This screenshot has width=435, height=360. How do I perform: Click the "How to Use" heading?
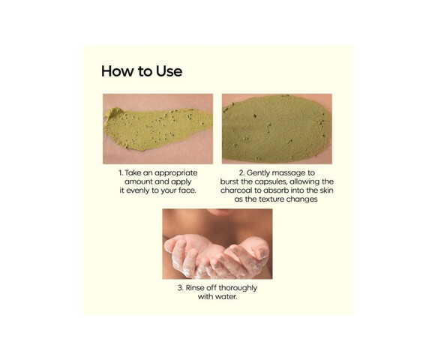pyautogui.click(x=142, y=71)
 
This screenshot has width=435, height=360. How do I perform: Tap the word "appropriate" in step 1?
pyautogui.click(x=176, y=173)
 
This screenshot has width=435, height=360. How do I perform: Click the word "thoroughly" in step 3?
pyautogui.click(x=238, y=288)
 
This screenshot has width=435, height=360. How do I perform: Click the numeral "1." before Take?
pyautogui.click(x=121, y=173)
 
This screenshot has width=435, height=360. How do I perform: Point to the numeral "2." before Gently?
pyautogui.click(x=242, y=173)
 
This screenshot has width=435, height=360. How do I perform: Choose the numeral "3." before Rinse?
pyautogui.click(x=181, y=288)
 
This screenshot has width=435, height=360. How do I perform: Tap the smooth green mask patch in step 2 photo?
pyautogui.click(x=276, y=129)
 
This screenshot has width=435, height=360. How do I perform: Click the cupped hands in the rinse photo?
pyautogui.click(x=217, y=256)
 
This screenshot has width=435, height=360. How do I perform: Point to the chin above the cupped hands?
pyautogui.click(x=221, y=212)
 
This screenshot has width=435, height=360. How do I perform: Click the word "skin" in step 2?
pyautogui.click(x=327, y=190)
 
